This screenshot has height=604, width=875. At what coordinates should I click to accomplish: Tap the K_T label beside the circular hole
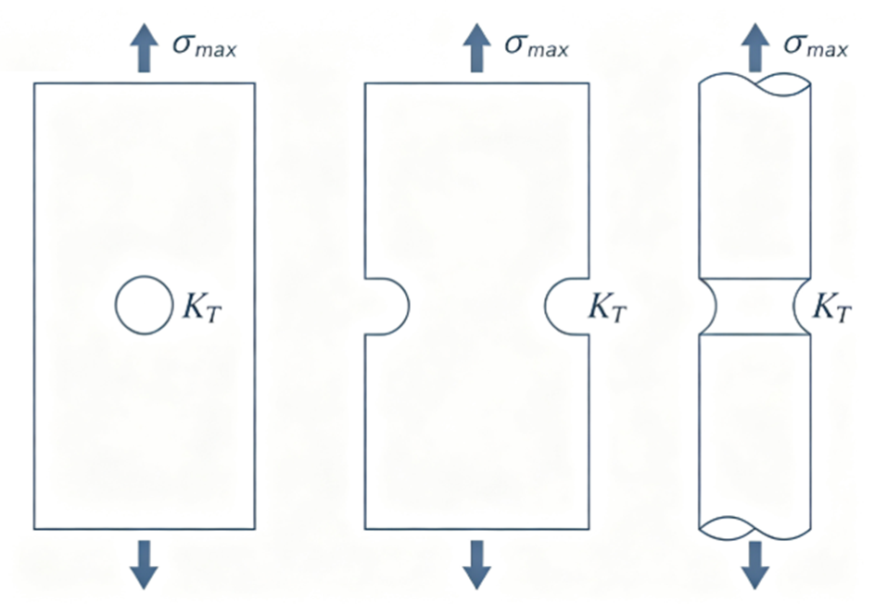coord(202,307)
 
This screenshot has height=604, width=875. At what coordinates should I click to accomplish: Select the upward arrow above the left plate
coord(144,47)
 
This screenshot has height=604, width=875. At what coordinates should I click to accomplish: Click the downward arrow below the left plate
coord(144,564)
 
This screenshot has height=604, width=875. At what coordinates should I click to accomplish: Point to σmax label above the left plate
coord(204,44)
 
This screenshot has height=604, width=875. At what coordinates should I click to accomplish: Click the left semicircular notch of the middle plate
coord(409,306)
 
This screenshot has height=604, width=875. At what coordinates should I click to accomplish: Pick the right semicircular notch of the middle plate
coord(545,306)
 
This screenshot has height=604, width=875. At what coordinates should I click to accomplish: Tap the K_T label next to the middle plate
coord(608,307)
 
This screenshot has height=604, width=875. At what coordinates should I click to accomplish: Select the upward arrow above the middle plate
coord(476,47)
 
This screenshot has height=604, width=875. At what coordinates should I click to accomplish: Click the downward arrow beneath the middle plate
coord(476,564)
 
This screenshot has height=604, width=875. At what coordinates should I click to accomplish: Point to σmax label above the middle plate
coord(537,44)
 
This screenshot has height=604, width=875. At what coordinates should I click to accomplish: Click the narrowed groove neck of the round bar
coord(755,306)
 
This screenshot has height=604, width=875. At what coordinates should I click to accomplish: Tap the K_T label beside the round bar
coord(832,307)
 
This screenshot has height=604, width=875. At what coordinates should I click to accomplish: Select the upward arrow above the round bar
coord(755,47)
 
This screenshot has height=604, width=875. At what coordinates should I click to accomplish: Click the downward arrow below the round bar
coord(755,564)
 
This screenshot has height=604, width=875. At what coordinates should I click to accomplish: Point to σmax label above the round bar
coord(816,44)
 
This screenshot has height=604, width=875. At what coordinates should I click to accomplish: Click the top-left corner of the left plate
coord(34,83)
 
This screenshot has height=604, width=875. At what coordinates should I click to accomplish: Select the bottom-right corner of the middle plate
coord(589,529)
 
